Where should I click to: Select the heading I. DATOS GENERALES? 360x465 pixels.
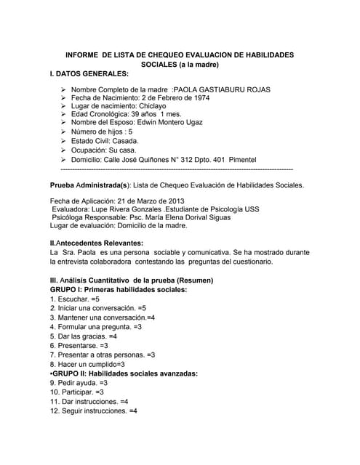(x=89, y=74)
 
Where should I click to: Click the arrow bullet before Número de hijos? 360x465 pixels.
(x=63, y=132)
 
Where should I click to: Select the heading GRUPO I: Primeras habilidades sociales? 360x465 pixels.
(x=118, y=289)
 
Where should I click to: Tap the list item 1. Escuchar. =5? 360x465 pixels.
(x=75, y=299)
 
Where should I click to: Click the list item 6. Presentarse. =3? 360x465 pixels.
(x=79, y=346)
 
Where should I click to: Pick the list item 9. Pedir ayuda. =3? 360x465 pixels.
(x=79, y=382)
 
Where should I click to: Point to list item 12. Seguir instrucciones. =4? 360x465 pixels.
(x=94, y=411)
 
